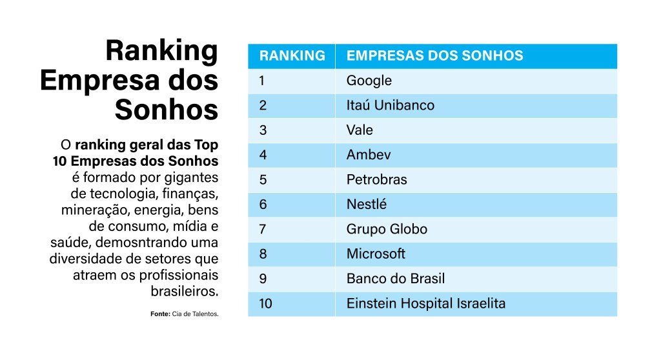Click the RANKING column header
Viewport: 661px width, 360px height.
[292, 55]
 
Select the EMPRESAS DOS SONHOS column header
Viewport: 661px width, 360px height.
[434, 55]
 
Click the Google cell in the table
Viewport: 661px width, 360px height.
[369, 81]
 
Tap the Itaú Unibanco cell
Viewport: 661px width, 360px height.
[391, 105]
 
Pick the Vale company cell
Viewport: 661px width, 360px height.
[360, 130]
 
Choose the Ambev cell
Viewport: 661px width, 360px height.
[369, 155]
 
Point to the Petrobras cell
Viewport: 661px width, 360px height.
[377, 179]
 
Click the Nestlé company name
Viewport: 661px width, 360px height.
[367, 205]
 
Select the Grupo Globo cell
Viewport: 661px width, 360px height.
[387, 229]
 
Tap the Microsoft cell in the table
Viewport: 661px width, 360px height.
[376, 254]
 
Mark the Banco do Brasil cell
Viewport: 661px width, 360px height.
[396, 279]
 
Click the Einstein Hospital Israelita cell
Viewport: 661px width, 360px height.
[426, 303]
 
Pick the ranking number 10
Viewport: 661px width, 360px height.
[265, 303]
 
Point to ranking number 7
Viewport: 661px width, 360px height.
[263, 229]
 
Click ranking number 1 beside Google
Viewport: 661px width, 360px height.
[262, 81]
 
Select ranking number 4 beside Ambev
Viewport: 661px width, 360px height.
[263, 155]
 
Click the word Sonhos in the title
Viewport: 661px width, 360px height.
[166, 110]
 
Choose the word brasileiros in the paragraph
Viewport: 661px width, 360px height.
[185, 291]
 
